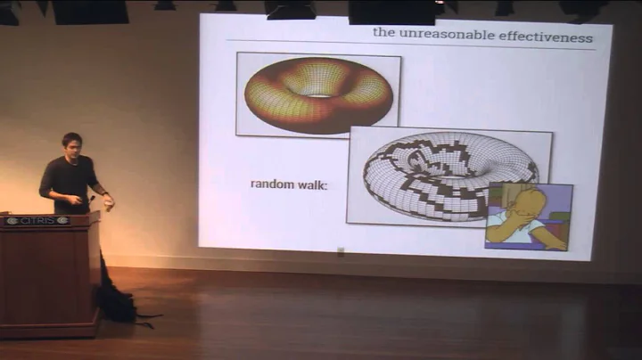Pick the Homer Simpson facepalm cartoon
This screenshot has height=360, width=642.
click(x=529, y=217)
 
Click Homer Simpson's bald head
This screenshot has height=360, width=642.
click(x=532, y=201)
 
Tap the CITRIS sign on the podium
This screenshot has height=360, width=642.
click(x=37, y=220)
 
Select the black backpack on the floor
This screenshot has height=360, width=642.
click(x=117, y=304)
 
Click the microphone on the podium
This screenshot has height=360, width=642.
click(x=90, y=199)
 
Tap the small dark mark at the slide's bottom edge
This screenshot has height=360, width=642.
click(x=341, y=252)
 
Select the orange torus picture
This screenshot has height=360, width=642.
click(x=318, y=94)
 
